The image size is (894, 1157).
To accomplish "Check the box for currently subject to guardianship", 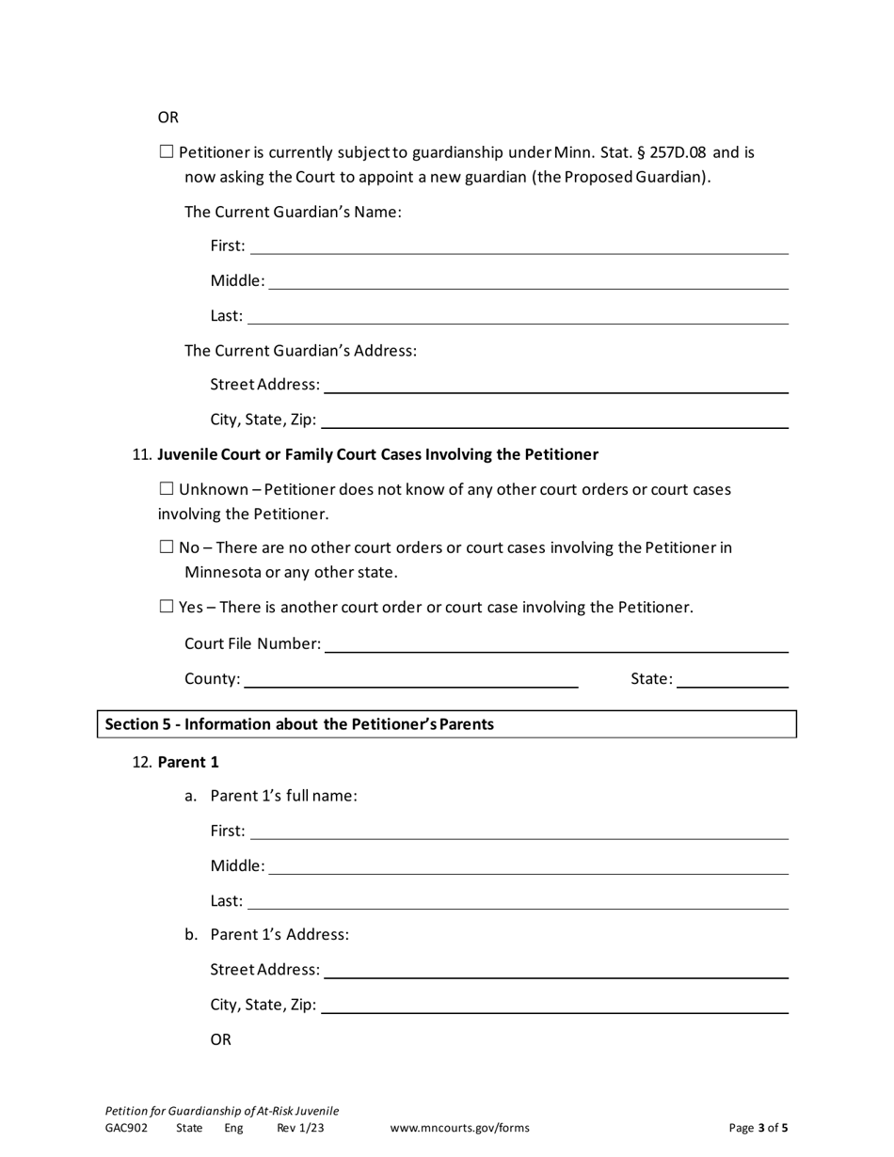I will tap(167, 151).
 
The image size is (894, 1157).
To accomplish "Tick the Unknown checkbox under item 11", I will tap(167, 488).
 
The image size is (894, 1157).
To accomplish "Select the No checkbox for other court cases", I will tap(167, 547).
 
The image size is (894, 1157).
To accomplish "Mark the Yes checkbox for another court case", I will tap(167, 606).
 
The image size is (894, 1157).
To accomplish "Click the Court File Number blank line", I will tap(555, 644).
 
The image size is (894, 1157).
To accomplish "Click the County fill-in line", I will tap(410, 680).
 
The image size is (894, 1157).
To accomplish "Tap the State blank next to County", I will tap(732, 680).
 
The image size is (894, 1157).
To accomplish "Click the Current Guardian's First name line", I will tap(519, 246).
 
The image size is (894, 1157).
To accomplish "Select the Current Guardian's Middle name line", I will tap(528, 281).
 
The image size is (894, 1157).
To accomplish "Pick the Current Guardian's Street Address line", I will tap(555, 386).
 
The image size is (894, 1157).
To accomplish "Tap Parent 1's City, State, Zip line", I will tap(554, 1006).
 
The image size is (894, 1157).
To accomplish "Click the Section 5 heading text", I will tap(299, 724).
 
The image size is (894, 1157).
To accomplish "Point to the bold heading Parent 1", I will tap(188, 762).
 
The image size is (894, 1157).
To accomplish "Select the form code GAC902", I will tap(126, 1128).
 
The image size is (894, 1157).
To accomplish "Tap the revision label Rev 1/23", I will tap(300, 1128).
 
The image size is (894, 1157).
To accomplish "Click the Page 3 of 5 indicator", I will tap(758, 1128).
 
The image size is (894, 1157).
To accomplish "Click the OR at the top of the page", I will tap(168, 118).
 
